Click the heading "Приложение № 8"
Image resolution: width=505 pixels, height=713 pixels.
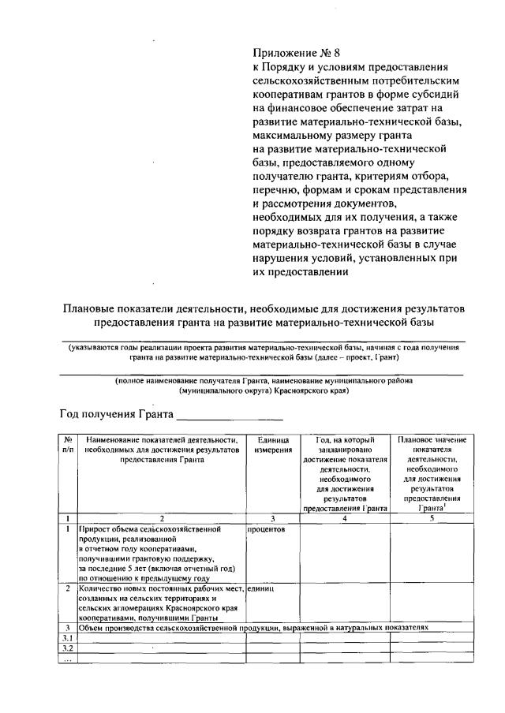296,54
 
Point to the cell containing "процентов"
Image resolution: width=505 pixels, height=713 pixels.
266,529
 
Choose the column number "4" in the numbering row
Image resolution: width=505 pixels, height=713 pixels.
345,518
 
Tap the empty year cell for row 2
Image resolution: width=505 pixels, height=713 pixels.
345,603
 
